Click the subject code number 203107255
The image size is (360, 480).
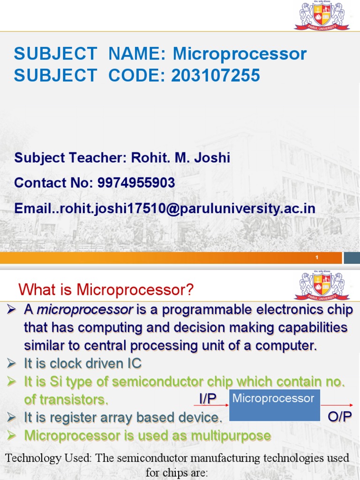216,75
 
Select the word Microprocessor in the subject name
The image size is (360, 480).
240,54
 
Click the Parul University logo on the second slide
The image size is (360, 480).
322,285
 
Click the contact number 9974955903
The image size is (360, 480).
136,183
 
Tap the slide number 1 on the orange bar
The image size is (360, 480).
317,258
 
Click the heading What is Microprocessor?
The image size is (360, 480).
106,290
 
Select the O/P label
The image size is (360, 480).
339,417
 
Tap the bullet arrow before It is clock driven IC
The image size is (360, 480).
12,363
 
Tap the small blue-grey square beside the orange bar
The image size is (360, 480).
352,258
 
